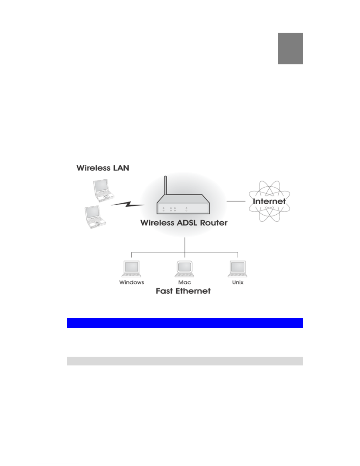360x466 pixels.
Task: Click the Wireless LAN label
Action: [x=103, y=168]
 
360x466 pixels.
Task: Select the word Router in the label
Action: [x=214, y=223]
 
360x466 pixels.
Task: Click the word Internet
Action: [x=269, y=201]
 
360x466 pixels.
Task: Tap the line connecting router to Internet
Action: [x=236, y=201]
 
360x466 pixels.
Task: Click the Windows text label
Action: [x=131, y=282]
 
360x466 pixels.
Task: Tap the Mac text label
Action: [x=185, y=282]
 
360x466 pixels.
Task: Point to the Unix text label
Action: [x=238, y=282]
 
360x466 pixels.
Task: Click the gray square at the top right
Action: [x=290, y=49]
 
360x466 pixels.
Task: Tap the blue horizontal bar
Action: [x=185, y=323]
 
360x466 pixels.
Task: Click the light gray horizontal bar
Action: [x=185, y=361]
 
